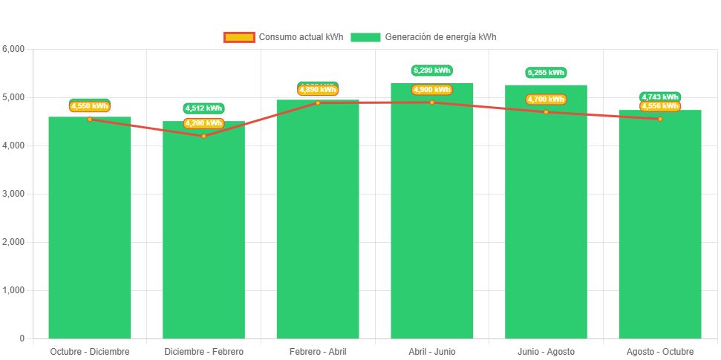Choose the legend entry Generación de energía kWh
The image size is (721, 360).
point(423,37)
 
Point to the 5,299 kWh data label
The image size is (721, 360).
point(432,71)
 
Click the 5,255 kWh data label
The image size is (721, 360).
point(546,73)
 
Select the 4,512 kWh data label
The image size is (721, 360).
point(203,108)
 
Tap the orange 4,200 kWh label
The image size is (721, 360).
point(203,123)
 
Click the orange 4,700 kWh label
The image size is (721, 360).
point(546,99)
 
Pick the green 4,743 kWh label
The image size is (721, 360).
point(660,96)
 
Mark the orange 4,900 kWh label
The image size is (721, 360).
point(432,90)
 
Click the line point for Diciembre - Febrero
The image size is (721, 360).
point(203,136)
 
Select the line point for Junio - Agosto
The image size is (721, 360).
point(546,112)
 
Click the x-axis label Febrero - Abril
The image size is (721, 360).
point(318,352)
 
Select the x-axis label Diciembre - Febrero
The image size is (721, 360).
point(203,352)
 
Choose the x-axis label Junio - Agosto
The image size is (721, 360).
point(546,352)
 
